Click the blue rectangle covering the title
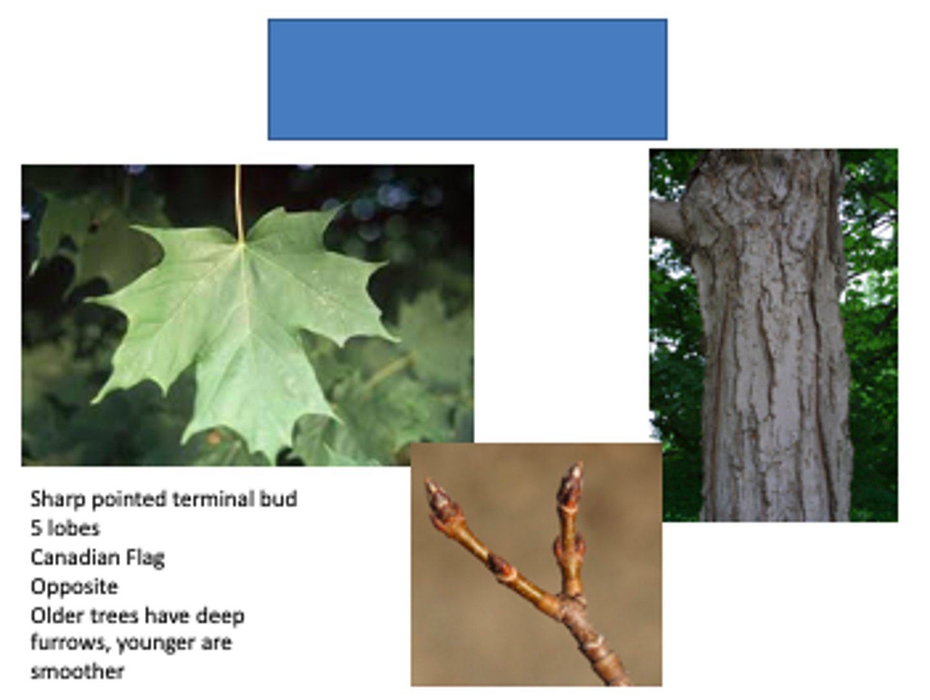click(467, 79)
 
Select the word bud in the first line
click(278, 499)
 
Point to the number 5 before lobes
click(36, 528)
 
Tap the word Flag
click(147, 558)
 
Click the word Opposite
click(74, 587)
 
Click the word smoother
click(77, 672)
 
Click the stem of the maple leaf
click(238, 200)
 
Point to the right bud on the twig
click(570, 485)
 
